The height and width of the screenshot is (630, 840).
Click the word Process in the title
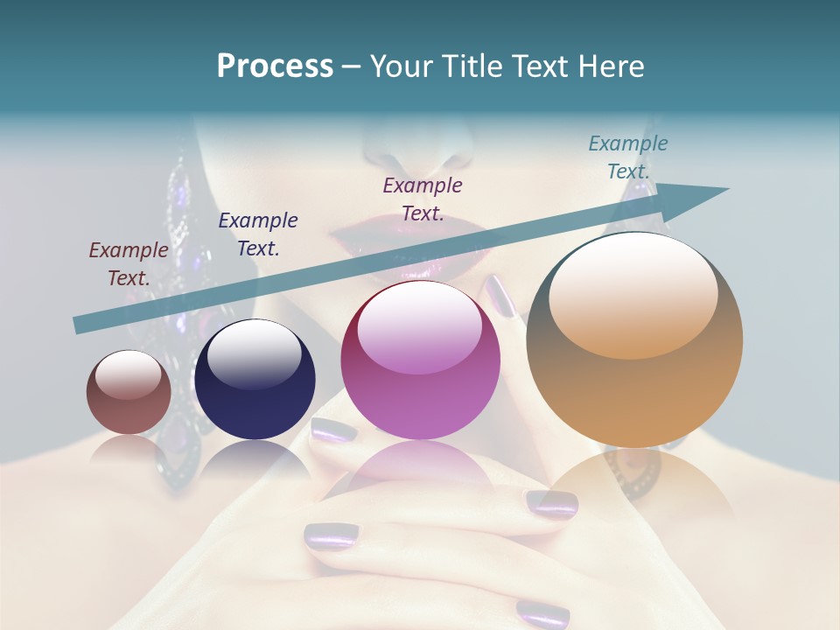click(x=275, y=66)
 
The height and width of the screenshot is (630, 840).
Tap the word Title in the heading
click(x=472, y=66)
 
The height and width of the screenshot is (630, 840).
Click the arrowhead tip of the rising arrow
click(x=724, y=189)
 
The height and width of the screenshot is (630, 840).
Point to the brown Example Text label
click(x=129, y=264)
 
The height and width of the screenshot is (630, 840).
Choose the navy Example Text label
click(x=258, y=234)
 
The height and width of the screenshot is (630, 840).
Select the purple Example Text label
click(x=423, y=199)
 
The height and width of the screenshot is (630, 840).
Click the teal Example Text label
click(x=628, y=157)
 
